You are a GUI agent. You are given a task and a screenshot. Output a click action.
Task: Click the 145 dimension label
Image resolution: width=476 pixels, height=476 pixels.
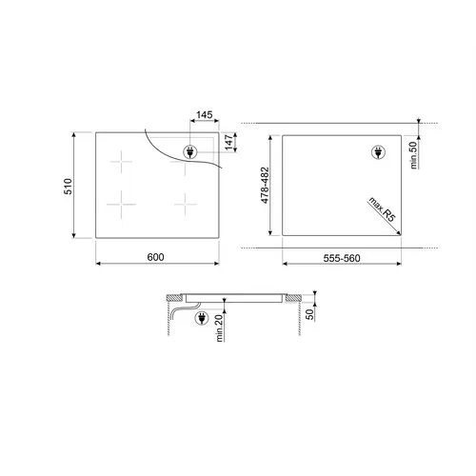click(x=205, y=114)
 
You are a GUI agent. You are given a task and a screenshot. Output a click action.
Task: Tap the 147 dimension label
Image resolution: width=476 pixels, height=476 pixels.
click(x=228, y=142)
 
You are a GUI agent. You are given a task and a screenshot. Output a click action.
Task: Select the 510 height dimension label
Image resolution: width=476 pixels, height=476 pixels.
click(x=69, y=187)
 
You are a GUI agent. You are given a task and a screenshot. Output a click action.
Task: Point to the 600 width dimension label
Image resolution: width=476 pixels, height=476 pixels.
click(x=155, y=257)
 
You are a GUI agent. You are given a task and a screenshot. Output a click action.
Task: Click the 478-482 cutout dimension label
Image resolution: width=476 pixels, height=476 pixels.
click(x=265, y=185)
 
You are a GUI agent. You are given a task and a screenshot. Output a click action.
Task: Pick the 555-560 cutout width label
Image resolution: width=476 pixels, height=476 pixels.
click(x=342, y=258)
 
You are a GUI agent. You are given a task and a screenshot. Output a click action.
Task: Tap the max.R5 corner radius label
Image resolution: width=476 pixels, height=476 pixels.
click(x=382, y=209)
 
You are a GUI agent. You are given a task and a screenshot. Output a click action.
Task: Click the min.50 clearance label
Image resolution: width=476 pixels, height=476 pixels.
click(x=413, y=155)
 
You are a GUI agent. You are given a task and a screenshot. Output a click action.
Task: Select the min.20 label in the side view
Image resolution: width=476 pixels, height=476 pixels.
click(x=220, y=328)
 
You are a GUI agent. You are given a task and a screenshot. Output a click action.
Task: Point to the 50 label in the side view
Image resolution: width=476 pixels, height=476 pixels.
click(x=309, y=314)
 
